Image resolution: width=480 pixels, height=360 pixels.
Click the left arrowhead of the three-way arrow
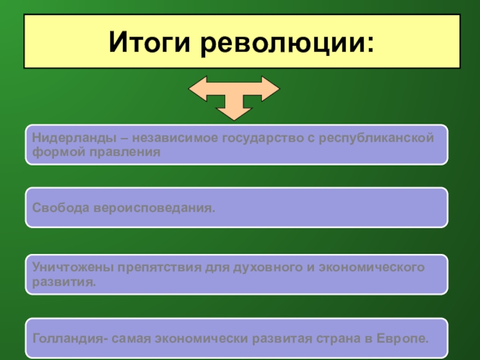[196, 88]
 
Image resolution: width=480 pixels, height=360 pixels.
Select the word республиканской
[376, 139]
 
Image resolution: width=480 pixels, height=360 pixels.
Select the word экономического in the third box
[370, 266]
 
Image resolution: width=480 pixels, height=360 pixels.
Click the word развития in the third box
[64, 280]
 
